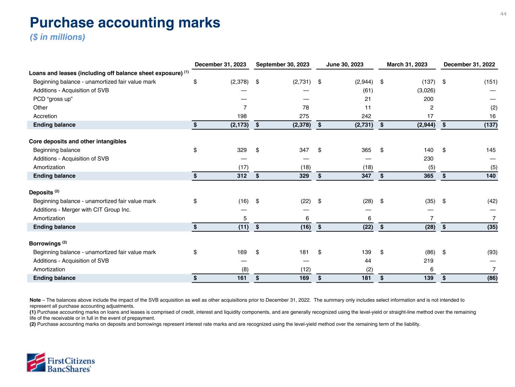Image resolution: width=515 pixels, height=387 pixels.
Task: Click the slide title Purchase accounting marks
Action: [x=125, y=23]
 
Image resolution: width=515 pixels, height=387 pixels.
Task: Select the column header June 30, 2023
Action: [x=344, y=65]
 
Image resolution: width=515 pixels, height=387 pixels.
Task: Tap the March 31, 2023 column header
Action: [x=407, y=65]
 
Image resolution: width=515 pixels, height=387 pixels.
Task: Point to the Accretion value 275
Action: [x=304, y=116]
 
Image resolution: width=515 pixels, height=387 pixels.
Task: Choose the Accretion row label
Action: [x=45, y=116]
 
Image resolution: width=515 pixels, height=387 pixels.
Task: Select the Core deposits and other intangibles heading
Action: [x=78, y=141]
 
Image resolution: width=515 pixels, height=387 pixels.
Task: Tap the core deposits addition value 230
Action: [x=429, y=159]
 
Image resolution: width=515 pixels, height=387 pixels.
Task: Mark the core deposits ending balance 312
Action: [x=241, y=176]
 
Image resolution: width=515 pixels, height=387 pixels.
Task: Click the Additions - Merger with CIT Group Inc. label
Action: [x=82, y=210]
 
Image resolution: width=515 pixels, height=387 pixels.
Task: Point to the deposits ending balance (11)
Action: [x=243, y=227]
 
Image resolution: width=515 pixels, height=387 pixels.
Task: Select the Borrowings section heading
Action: [x=45, y=244]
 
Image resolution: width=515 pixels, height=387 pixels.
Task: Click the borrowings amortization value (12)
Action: [x=305, y=269]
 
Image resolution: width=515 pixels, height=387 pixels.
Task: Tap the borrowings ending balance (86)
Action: [x=491, y=278]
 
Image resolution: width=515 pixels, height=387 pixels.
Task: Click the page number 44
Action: [x=503, y=14]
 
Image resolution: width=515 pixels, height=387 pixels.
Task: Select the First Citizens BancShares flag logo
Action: [x=36, y=362]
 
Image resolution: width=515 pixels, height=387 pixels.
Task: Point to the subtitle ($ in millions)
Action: [x=57, y=37]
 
